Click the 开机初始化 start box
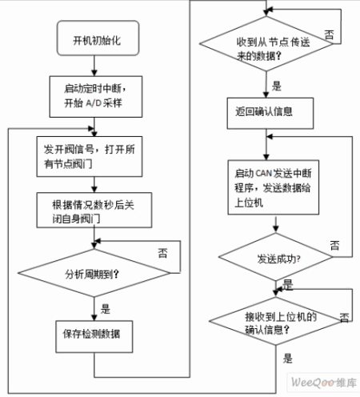click(x=98, y=38)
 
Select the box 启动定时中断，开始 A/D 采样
click(x=96, y=97)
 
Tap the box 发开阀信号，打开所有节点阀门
click(x=90, y=157)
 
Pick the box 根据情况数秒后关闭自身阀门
click(x=94, y=211)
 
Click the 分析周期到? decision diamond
click(x=94, y=273)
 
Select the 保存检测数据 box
click(x=94, y=337)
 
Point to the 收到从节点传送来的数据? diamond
click(x=266, y=44)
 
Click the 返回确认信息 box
click(x=270, y=113)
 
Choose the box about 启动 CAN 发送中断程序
click(x=274, y=187)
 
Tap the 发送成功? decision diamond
click(x=276, y=257)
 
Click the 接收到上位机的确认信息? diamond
click(x=276, y=321)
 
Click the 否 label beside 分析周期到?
click(x=162, y=253)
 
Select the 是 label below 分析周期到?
click(x=106, y=309)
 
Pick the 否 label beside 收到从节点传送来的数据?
click(x=329, y=34)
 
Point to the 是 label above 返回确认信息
click(x=277, y=86)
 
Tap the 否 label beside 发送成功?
click(x=335, y=245)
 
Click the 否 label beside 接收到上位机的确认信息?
click(x=344, y=317)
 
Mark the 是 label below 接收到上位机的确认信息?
click(x=288, y=358)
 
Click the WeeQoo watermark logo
click(x=324, y=383)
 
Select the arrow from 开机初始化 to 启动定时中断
click(x=94, y=66)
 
